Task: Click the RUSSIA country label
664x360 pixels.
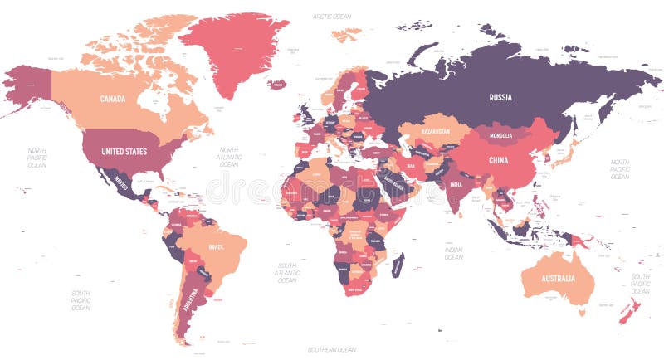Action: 500,97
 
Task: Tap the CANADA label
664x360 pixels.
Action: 113,99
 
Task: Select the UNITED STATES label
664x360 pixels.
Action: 124,152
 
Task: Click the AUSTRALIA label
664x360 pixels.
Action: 557,278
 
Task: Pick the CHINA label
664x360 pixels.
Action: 498,160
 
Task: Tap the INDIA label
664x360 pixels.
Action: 456,184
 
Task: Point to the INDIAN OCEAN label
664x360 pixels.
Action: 453,253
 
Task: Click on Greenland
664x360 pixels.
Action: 232,50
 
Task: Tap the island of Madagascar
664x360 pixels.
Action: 398,266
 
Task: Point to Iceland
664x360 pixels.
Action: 277,84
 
